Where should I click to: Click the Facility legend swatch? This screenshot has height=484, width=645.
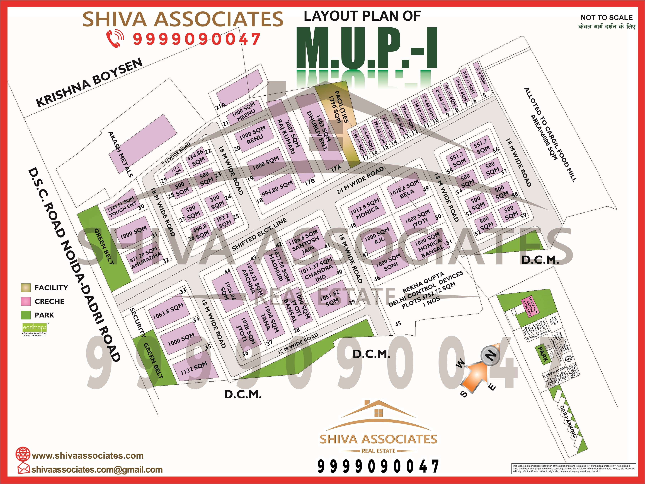click(26, 288)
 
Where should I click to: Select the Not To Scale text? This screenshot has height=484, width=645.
click(607, 18)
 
